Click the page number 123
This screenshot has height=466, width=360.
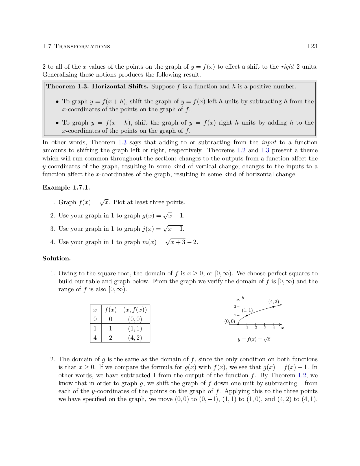[x=312, y=46]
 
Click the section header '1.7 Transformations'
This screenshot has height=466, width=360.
[x=76, y=46]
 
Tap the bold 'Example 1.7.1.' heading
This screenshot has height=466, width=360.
[x=66, y=188]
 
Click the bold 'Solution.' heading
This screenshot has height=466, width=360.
[x=56, y=258]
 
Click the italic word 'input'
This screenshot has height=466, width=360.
[x=269, y=142]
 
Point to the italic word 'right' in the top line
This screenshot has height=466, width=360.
[x=287, y=67]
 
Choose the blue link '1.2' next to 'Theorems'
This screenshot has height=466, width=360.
[x=241, y=150]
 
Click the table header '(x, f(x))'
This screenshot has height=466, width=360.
[x=135, y=310]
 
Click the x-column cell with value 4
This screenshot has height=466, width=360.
[x=95, y=338]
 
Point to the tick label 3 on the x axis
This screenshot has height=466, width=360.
[x=265, y=328]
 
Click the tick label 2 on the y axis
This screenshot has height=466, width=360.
[x=235, y=307]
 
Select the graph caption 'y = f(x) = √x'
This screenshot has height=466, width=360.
[x=254, y=339]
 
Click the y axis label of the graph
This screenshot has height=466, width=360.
[x=243, y=297]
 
